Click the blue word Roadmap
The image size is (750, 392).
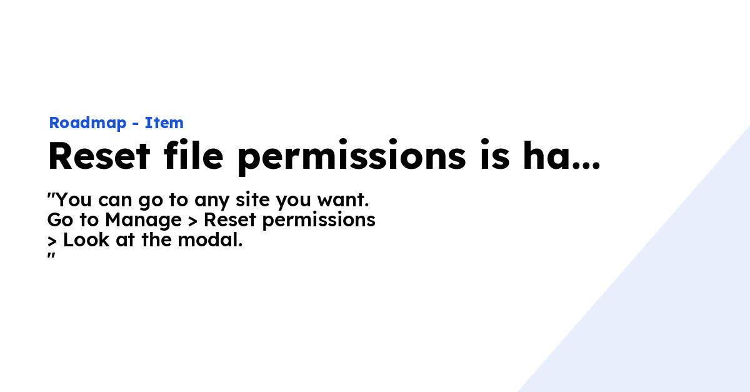tap(87, 123)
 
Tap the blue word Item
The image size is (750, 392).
tap(164, 123)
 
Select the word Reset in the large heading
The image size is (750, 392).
tap(99, 156)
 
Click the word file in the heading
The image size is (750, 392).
tap(194, 155)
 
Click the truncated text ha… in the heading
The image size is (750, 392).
tap(561, 156)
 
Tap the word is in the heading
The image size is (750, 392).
tap(495, 155)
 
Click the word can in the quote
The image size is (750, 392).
tap(115, 200)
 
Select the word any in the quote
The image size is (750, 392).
tap(212, 201)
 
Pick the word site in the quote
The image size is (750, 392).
tap(252, 199)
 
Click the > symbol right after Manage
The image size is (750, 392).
tap(192, 221)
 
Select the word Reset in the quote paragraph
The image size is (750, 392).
tap(230, 220)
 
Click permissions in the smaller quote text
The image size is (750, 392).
tap(319, 221)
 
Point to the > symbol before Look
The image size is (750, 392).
tap(52, 241)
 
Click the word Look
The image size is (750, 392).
tap(86, 240)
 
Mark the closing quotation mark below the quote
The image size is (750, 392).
tap(51, 256)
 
